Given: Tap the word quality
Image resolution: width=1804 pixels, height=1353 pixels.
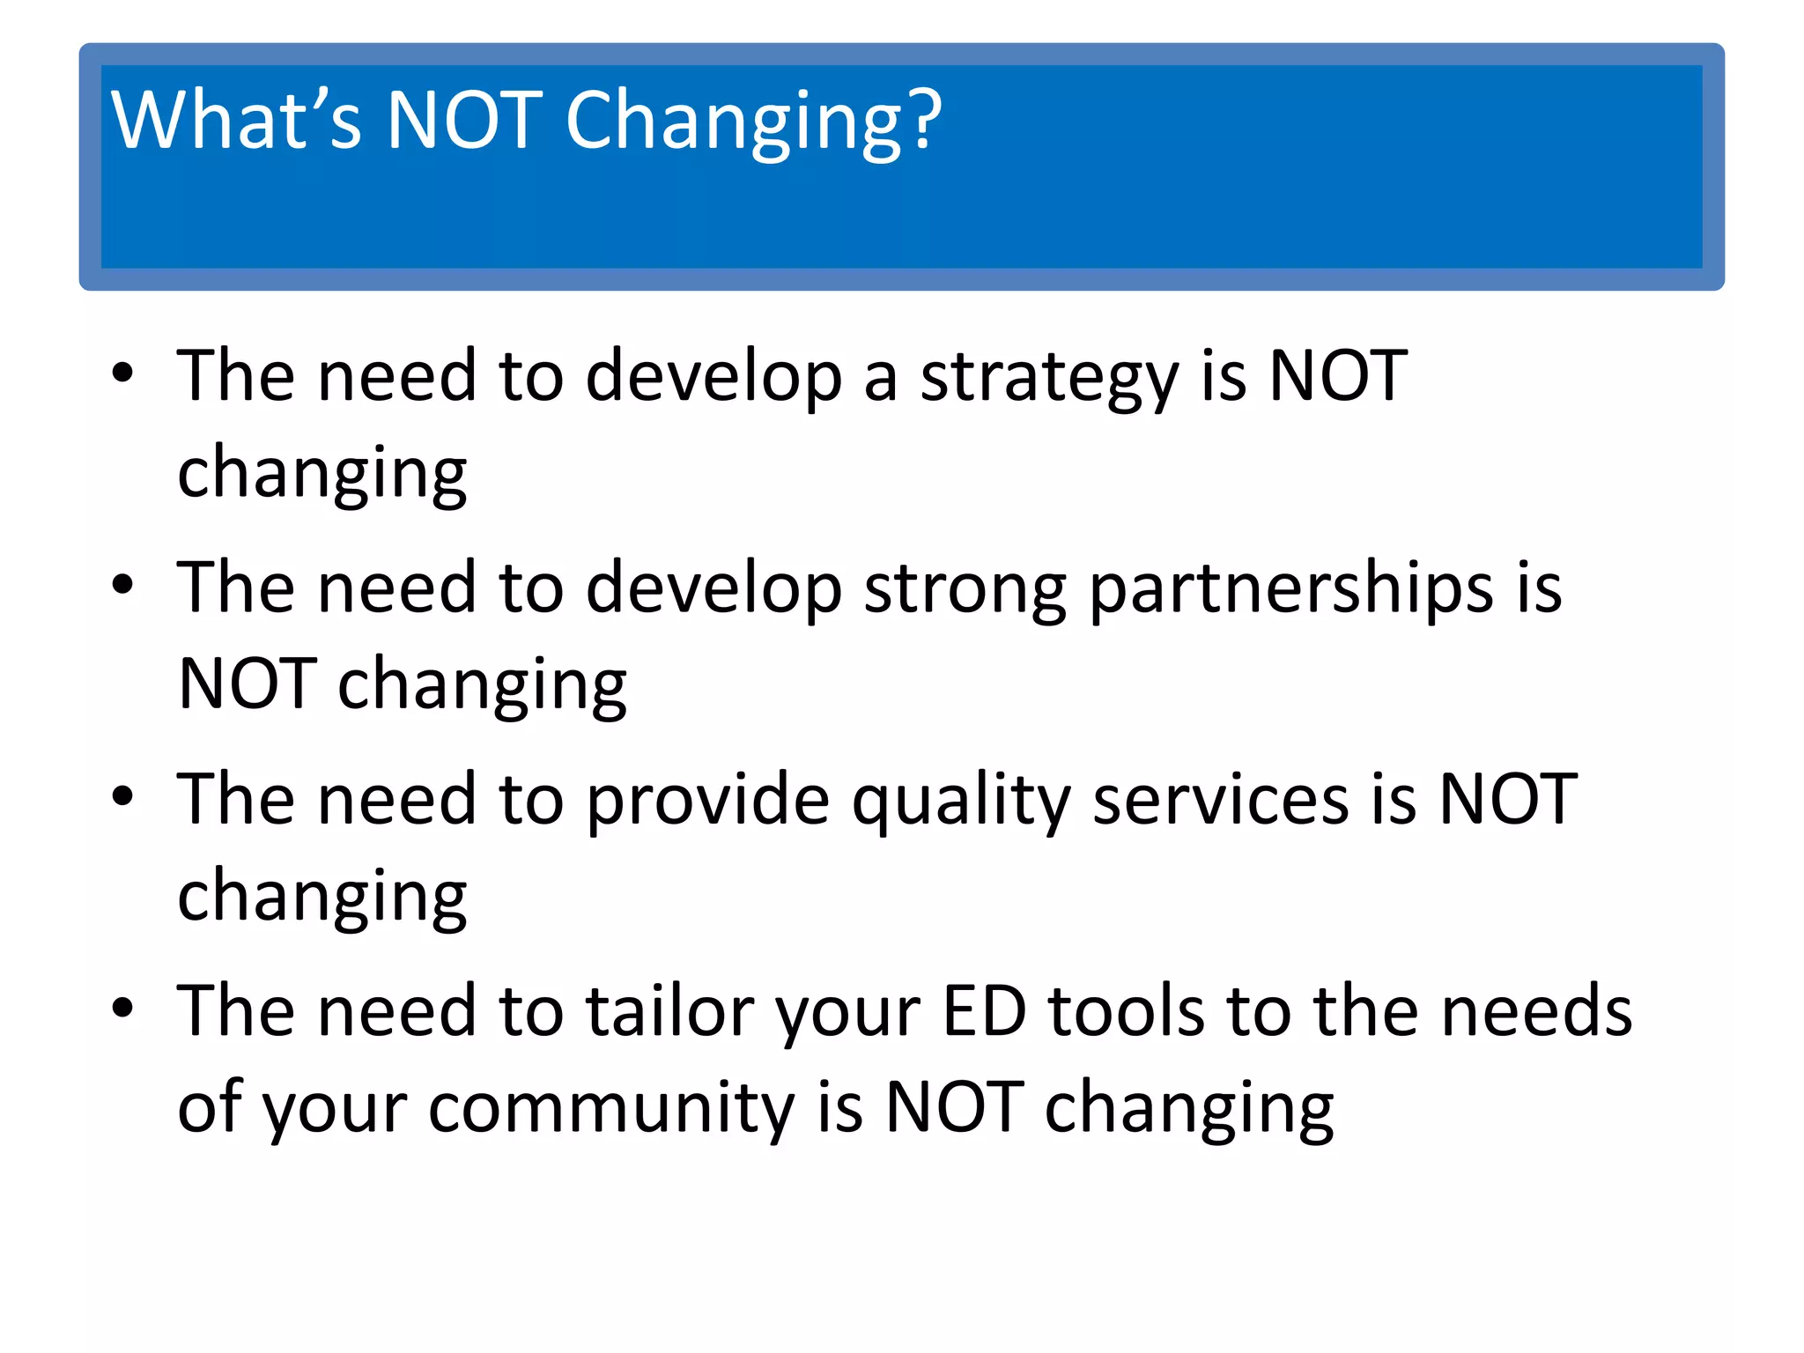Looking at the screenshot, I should (961, 802).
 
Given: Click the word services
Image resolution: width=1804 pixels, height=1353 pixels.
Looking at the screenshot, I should (1221, 800).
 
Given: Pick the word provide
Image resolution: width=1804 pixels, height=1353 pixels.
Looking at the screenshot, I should (707, 802).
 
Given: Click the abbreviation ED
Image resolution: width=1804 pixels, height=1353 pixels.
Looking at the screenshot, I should (984, 1010).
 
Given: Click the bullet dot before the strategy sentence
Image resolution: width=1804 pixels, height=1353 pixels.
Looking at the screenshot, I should (122, 373).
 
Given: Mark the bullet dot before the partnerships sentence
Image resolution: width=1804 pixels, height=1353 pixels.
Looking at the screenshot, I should (122, 584).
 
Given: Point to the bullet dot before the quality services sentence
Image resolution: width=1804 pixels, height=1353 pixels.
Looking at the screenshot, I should (122, 795).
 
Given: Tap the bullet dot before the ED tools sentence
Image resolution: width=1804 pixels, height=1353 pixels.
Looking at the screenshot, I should (122, 1007).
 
